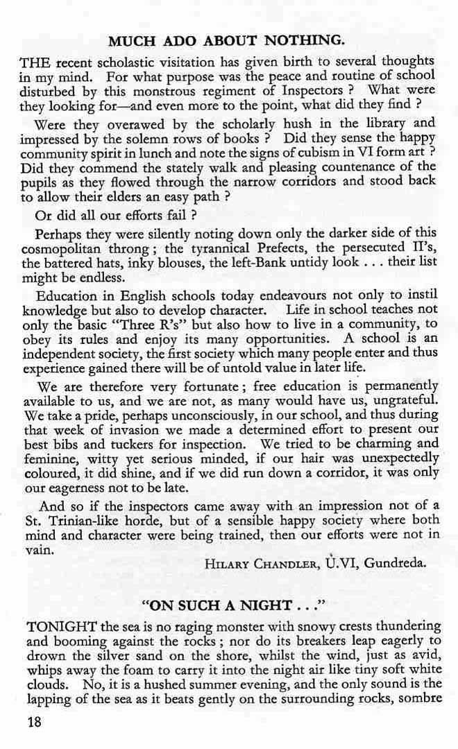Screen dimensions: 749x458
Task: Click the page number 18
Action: (x=34, y=721)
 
